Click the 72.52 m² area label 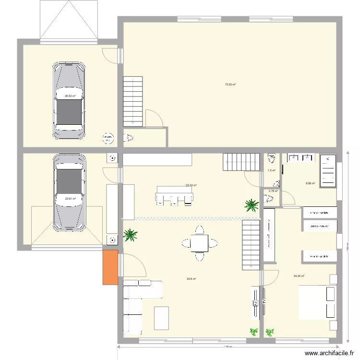[230, 84]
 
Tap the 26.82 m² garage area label [70, 96]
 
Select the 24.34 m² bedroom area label [299, 276]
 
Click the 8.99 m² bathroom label [310, 183]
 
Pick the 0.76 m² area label [273, 191]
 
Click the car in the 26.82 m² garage [70, 100]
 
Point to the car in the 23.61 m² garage [70, 192]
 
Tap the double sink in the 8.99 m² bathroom [300, 157]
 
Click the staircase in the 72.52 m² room [133, 101]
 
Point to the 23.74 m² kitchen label [191, 185]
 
